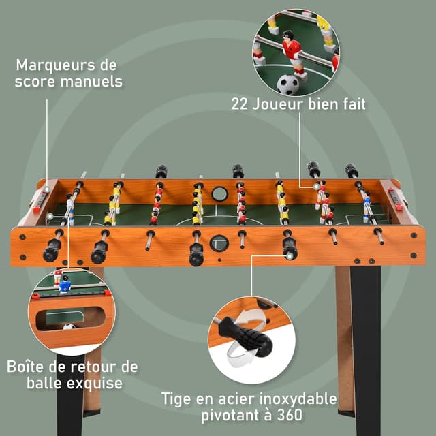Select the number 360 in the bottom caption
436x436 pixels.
coord(289,414)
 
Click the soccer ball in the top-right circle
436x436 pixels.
coord(288,84)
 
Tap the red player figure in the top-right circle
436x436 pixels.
coord(293,51)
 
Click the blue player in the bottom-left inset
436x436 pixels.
coord(64,284)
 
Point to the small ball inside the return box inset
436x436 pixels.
coord(69,326)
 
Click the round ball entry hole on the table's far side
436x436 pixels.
coord(219,193)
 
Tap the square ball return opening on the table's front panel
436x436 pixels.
coord(219,242)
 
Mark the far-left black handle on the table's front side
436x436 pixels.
coord(52,250)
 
